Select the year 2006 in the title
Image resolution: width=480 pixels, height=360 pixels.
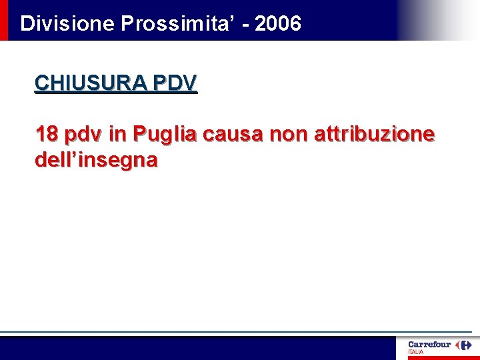278,24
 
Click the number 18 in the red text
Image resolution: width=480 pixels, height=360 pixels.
46,134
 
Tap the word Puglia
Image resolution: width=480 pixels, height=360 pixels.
165,135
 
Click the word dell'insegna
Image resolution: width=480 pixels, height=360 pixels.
96,160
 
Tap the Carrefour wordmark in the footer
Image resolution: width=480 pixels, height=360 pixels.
429,345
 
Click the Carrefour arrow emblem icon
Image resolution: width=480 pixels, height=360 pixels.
463,345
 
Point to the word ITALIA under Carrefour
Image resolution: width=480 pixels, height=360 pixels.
415,352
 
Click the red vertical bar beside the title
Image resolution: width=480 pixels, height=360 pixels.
4,20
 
